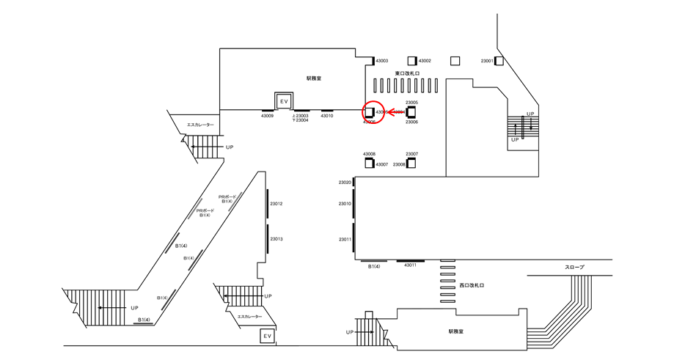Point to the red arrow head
[389, 112]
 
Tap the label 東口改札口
[406, 73]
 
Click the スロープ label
[575, 268]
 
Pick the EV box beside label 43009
[283, 100]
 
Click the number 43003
[387, 61]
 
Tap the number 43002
[425, 61]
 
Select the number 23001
[487, 61]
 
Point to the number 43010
[327, 116]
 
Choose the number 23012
[276, 203]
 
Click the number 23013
[276, 239]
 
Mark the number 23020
[345, 182]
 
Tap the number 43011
[410, 265]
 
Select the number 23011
[345, 239]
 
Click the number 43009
[267, 116]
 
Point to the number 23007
[411, 154]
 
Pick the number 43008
[369, 154]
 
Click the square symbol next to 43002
[412, 61]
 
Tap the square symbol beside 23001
[499, 61]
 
